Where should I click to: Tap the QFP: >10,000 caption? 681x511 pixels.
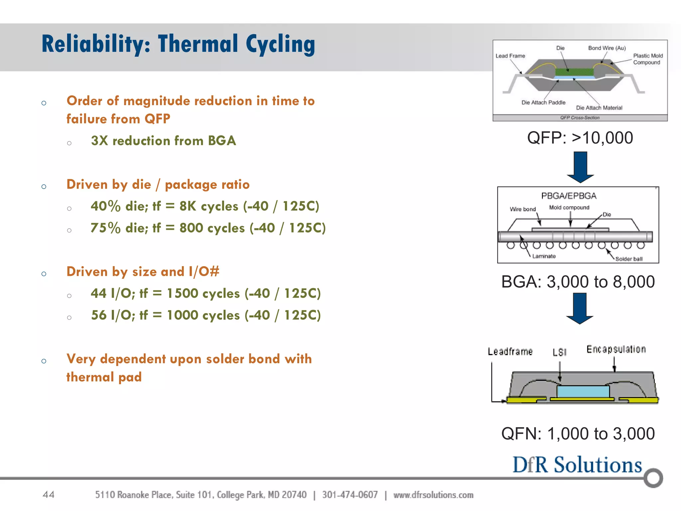pyautogui.click(x=580, y=138)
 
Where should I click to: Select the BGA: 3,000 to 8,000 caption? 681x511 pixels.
pyautogui.click(x=578, y=282)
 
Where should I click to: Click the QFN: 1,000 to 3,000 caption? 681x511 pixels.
pyautogui.click(x=578, y=434)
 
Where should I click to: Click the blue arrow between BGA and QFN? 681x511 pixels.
pyautogui.click(x=580, y=308)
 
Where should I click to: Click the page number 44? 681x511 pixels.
pyautogui.click(x=49, y=494)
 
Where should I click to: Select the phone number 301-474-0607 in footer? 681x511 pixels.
pyautogui.click(x=350, y=495)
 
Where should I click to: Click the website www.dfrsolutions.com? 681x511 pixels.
pyautogui.click(x=433, y=495)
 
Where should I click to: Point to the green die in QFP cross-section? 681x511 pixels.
pyautogui.click(x=574, y=72)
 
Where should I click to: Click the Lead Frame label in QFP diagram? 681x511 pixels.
pyautogui.click(x=510, y=56)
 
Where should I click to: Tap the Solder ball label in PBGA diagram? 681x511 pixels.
pyautogui.click(x=628, y=259)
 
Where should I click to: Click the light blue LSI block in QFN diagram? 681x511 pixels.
pyautogui.click(x=583, y=391)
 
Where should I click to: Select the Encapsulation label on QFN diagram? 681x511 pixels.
pyautogui.click(x=616, y=349)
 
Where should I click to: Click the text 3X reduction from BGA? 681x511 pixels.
pyautogui.click(x=164, y=141)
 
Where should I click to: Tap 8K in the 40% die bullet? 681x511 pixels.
pyautogui.click(x=188, y=206)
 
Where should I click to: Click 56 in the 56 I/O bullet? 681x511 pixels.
pyautogui.click(x=99, y=315)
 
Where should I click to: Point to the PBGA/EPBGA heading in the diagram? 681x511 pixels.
pyautogui.click(x=569, y=196)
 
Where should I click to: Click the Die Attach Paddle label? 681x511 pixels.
pyautogui.click(x=543, y=102)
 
